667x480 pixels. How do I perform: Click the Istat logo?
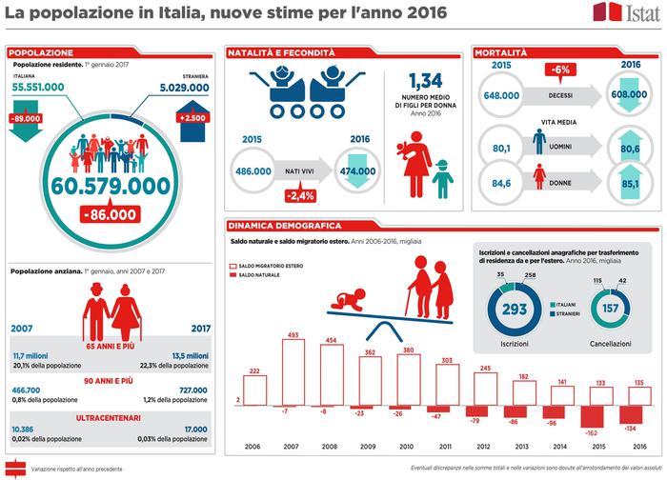[x=627, y=13]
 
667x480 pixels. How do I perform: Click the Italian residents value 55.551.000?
[x=39, y=87]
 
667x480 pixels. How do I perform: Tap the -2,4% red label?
[x=301, y=197]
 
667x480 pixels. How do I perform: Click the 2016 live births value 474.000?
[x=354, y=170]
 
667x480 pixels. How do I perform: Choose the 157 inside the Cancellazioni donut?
[x=608, y=309]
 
